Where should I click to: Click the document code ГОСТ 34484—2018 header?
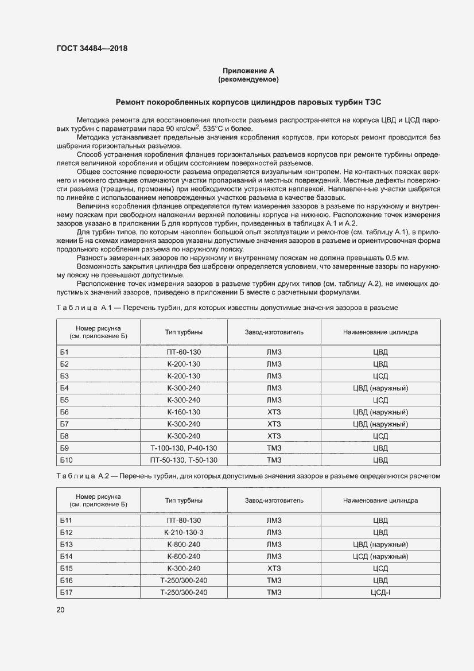click(x=91, y=49)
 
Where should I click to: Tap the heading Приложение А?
click(x=248, y=71)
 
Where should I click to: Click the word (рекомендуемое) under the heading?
click(x=248, y=79)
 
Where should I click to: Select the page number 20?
click(x=60, y=610)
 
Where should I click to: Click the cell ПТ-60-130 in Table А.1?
click(x=184, y=351)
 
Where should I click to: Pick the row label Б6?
click(x=64, y=412)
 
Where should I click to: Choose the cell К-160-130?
click(x=184, y=412)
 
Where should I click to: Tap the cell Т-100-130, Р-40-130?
click(x=184, y=448)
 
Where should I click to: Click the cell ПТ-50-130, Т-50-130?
click(x=184, y=460)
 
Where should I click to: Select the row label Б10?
click(x=66, y=460)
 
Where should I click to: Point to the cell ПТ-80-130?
click(x=184, y=520)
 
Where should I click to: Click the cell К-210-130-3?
click(x=184, y=532)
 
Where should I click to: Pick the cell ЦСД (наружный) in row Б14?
click(x=380, y=556)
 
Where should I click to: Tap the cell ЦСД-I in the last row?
click(x=380, y=592)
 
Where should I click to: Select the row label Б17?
click(x=66, y=592)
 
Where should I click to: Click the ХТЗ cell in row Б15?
click(x=274, y=568)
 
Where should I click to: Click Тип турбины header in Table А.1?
click(x=184, y=332)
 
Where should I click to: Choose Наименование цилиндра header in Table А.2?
click(x=380, y=501)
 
